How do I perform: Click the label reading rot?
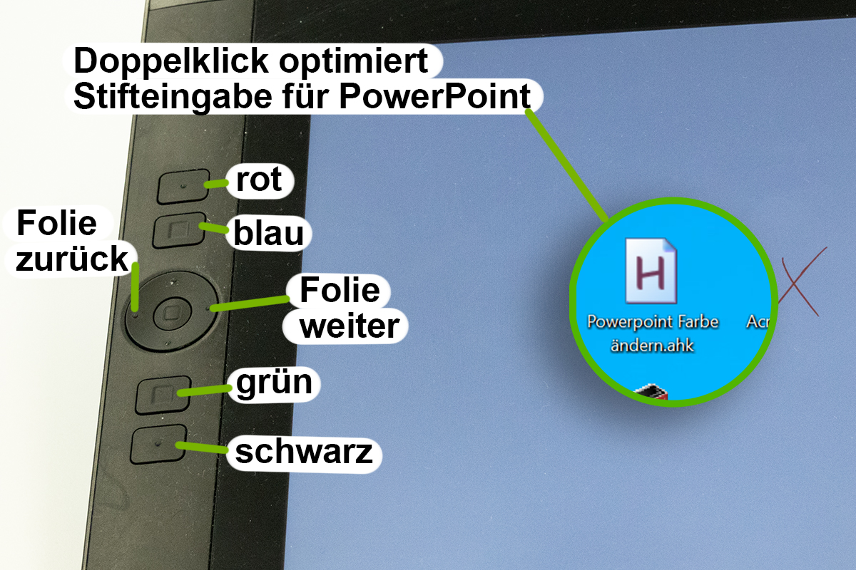[259, 180]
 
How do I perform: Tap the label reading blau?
[269, 233]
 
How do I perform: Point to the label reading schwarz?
[304, 452]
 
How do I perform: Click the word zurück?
[71, 259]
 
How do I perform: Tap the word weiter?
[350, 326]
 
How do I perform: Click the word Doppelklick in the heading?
[171, 62]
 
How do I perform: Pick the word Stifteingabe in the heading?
[173, 98]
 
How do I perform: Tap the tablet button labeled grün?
[163, 395]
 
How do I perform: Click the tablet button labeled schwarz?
[158, 444]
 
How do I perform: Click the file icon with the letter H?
[651, 271]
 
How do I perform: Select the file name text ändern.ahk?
[652, 346]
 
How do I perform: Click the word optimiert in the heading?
[354, 62]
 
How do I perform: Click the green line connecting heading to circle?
[567, 166]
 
